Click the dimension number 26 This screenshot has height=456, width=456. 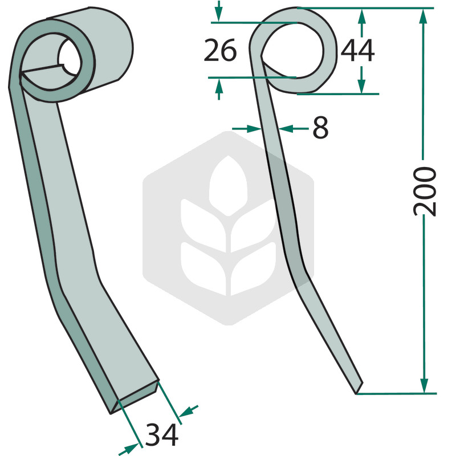click(220, 51)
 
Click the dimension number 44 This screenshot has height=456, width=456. click(357, 51)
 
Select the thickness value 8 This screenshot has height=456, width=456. click(320, 127)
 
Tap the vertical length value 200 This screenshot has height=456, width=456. click(425, 192)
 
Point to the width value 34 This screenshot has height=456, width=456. click(162, 435)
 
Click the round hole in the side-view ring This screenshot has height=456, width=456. click(292, 51)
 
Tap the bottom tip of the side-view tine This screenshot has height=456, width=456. click(357, 394)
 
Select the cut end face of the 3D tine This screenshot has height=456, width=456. click(135, 396)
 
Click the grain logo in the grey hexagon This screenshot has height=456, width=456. click(229, 226)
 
